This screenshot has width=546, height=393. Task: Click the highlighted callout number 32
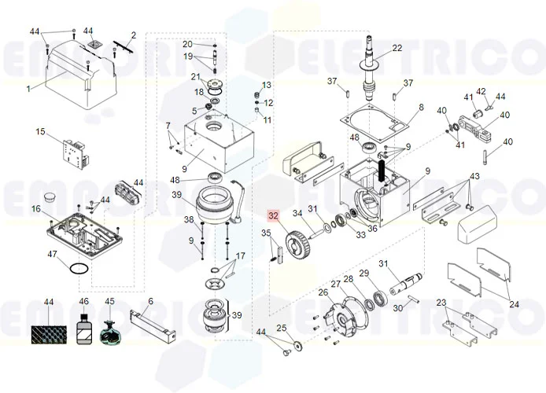(273, 215)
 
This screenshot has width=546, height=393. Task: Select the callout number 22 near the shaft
(397, 48)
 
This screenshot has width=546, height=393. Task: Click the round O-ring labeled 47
(76, 269)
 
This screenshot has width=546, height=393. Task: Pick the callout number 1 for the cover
(28, 89)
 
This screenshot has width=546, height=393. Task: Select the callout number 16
(36, 208)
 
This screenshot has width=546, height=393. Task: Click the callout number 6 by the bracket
(150, 301)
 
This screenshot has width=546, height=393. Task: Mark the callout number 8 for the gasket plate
(421, 107)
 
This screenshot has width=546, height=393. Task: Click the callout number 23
(441, 303)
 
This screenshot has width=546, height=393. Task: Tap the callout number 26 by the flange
(323, 292)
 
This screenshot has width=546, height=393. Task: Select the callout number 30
(398, 307)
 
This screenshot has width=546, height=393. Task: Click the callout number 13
(266, 85)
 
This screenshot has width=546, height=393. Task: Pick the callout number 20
(187, 43)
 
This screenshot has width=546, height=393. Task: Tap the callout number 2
(133, 35)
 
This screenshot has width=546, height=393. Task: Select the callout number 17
(241, 256)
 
